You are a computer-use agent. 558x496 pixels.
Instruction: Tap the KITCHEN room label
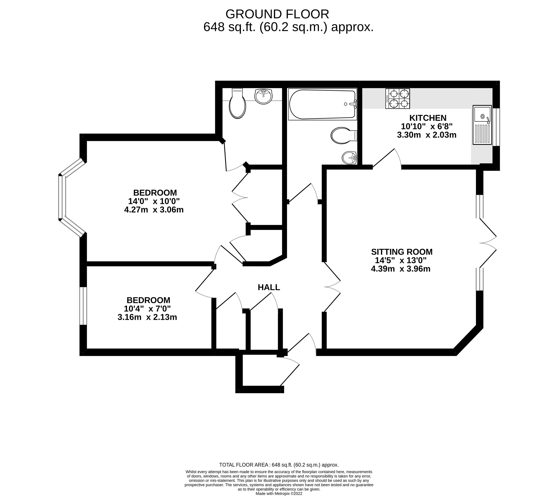[428, 118]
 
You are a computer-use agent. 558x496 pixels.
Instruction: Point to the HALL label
[269, 287]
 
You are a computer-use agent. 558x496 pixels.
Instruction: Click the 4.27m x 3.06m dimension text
[154, 210]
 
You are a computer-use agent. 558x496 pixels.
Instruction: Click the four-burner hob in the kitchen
[397, 99]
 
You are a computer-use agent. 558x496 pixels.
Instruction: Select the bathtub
[322, 104]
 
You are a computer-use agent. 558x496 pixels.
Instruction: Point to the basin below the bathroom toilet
[349, 158]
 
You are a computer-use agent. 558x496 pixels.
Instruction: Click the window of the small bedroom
[83, 306]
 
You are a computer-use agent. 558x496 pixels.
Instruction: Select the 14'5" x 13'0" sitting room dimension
[400, 260]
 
